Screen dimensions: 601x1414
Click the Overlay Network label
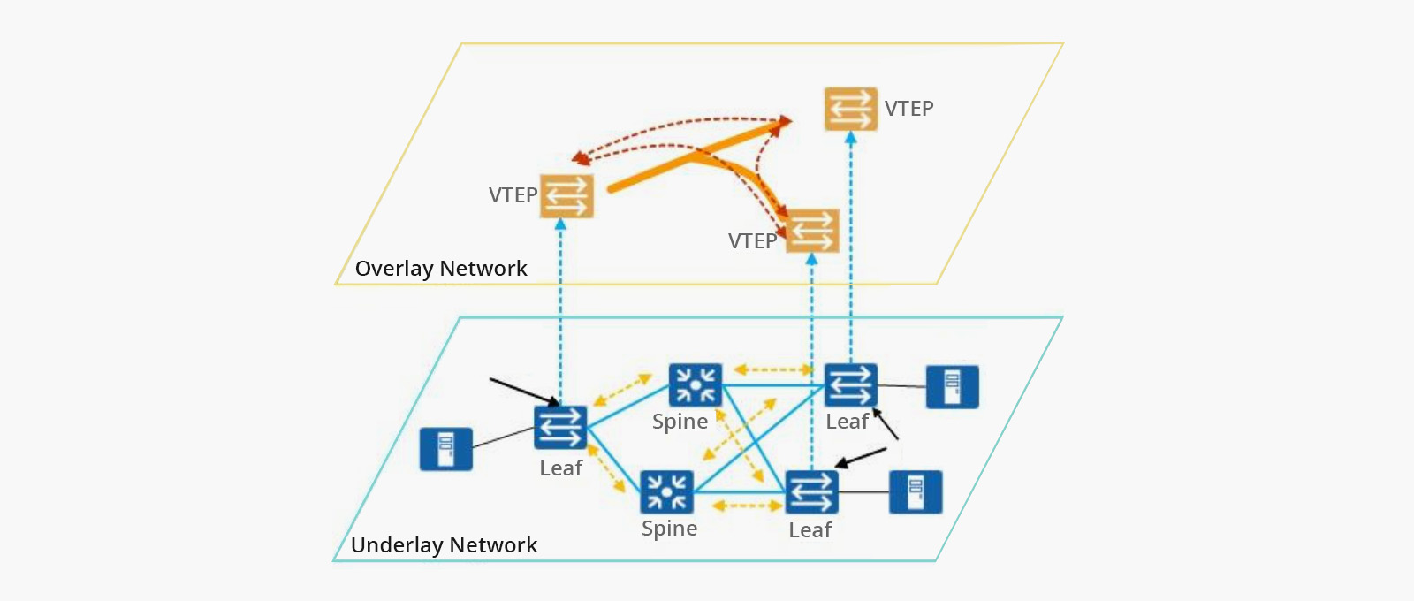tap(441, 269)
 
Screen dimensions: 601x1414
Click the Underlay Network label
tap(444, 545)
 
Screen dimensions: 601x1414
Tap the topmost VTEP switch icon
tap(850, 109)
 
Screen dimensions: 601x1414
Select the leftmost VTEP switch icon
tap(566, 196)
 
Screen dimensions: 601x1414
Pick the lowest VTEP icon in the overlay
tap(812, 231)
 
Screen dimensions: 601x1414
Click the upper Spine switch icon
tap(695, 385)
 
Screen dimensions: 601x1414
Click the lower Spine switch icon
tap(666, 492)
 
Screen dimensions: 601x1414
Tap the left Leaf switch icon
tap(560, 428)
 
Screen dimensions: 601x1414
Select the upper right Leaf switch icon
tap(850, 385)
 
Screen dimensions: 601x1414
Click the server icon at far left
tap(445, 449)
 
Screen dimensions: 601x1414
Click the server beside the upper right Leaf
tap(952, 387)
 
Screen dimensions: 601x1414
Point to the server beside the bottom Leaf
tap(915, 492)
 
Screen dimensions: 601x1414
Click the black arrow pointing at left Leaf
tap(523, 392)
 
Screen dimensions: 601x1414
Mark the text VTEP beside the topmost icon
tap(908, 109)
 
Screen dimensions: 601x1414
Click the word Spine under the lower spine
tap(669, 529)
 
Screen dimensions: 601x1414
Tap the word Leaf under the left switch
tap(560, 468)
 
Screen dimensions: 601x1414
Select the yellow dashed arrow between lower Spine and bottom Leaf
tap(747, 506)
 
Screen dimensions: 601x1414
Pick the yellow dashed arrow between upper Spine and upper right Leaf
tap(773, 369)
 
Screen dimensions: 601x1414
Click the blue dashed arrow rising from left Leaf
tap(560, 309)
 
